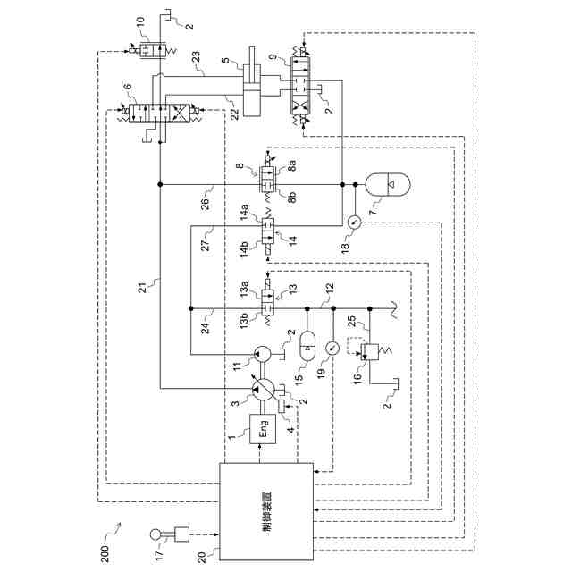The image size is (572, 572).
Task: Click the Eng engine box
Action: (x=263, y=429)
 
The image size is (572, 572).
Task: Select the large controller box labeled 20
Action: (x=266, y=512)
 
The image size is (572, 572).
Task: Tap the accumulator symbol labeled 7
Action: (x=388, y=185)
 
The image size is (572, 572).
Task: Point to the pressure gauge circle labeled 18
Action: (x=354, y=222)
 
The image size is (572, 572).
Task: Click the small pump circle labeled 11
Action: (x=262, y=354)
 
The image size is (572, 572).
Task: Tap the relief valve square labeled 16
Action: (x=369, y=352)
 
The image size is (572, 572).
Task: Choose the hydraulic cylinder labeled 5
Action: (x=252, y=90)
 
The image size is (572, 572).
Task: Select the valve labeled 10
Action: (x=153, y=50)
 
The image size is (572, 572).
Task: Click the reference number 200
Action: (x=105, y=553)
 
